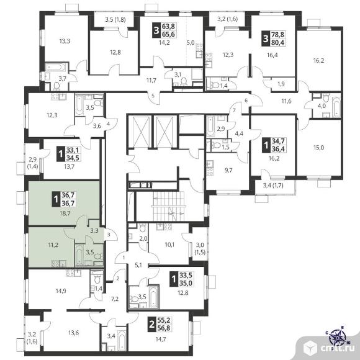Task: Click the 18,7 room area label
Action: tap(65, 214)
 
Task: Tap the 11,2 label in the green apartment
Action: tap(53, 245)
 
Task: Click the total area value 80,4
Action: tap(278, 42)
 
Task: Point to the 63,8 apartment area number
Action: tap(168, 26)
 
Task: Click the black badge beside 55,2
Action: tap(151, 325)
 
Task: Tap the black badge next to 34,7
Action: tap(266, 145)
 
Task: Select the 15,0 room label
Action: tap(318, 147)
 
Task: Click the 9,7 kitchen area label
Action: tap(228, 170)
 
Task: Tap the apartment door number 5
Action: tap(153, 96)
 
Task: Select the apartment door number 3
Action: tap(109, 235)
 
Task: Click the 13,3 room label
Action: tap(65, 42)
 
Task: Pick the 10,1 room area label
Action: tap(169, 245)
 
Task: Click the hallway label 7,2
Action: tap(114, 299)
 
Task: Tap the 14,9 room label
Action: tap(61, 291)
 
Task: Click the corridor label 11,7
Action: tap(151, 80)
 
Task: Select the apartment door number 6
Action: tap(246, 101)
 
